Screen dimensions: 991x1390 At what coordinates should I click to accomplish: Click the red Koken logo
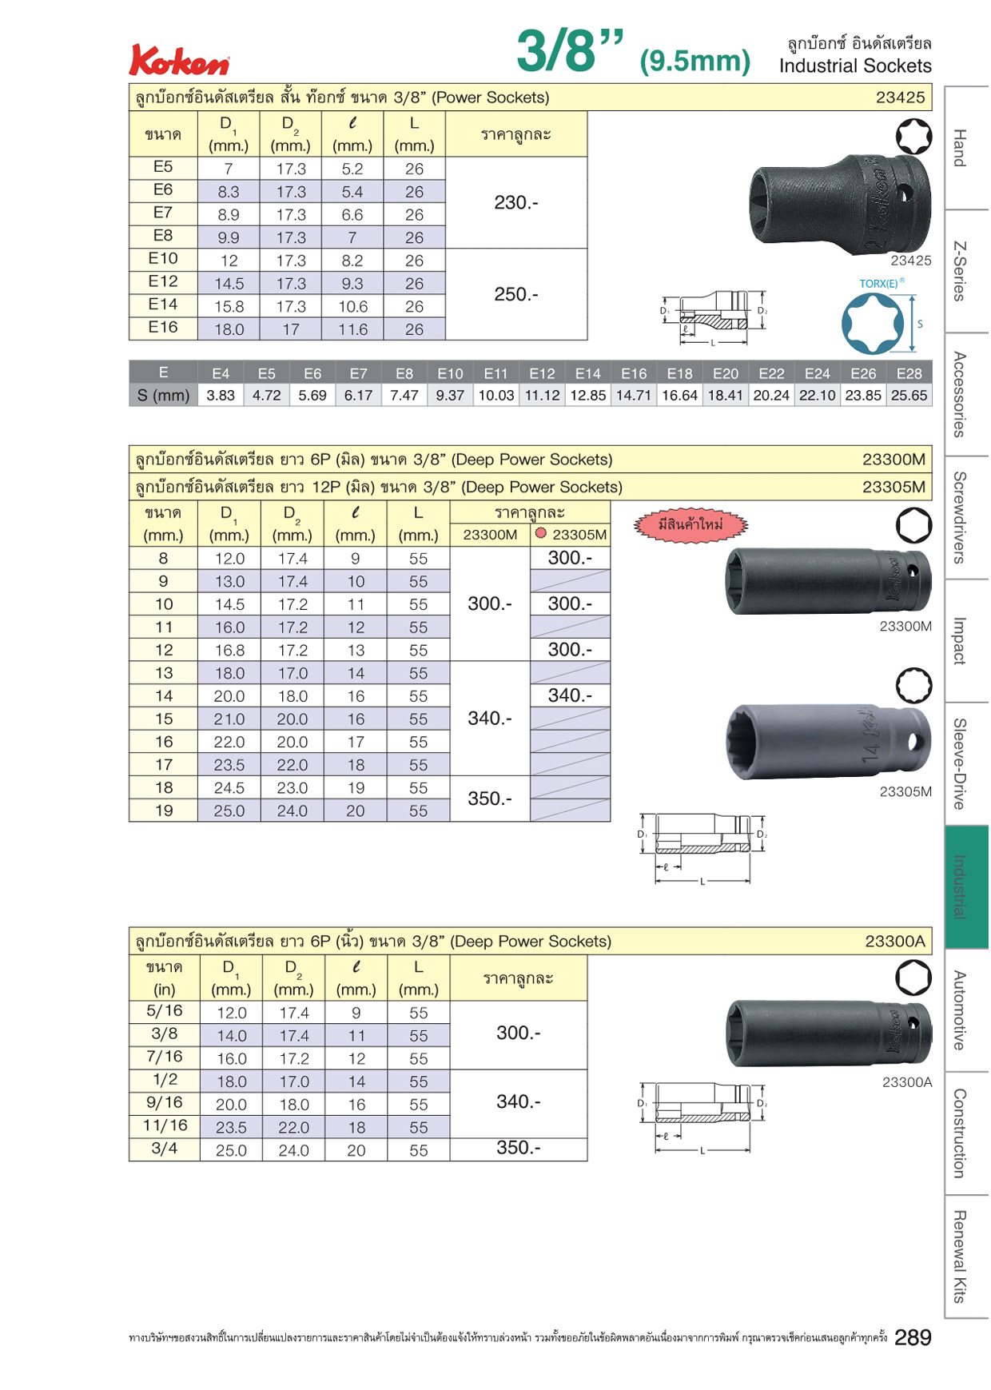click(x=180, y=61)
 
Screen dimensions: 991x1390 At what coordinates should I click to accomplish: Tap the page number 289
click(x=913, y=1337)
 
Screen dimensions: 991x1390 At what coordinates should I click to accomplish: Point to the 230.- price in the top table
click(x=516, y=203)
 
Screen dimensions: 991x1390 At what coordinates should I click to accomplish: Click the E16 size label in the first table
click(x=163, y=328)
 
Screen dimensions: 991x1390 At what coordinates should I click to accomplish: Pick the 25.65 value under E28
click(x=909, y=396)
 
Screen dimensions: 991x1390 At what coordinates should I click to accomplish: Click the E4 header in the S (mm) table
click(x=221, y=373)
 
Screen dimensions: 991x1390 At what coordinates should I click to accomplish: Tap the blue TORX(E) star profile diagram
click(x=873, y=323)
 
